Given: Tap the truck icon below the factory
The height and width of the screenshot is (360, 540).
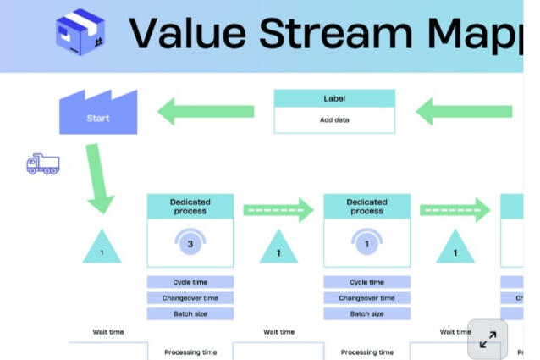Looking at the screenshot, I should [43, 164].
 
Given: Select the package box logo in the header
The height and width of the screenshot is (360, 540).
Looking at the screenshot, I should [80, 33].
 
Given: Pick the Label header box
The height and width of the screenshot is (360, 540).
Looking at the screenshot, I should [334, 98].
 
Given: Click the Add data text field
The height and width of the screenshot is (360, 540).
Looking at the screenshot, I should [334, 120].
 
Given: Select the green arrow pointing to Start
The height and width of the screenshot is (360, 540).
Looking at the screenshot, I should [207, 111].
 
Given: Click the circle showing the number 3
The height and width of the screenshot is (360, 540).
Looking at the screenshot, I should [190, 245].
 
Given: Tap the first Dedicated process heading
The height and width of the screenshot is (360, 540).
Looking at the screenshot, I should [190, 206].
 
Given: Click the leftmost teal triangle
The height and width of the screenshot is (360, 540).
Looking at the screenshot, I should [102, 247].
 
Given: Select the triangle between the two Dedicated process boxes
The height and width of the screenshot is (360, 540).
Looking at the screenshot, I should [278, 247].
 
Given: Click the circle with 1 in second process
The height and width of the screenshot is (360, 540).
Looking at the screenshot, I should [366, 245].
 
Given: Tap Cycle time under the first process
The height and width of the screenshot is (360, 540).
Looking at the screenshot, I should [190, 282].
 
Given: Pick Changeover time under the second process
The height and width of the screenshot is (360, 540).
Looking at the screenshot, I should [366, 298].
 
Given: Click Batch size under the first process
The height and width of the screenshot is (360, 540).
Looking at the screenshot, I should [190, 313].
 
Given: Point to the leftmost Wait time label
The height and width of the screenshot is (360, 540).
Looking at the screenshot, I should [108, 332].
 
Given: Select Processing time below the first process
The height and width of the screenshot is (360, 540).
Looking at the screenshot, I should [190, 352].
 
